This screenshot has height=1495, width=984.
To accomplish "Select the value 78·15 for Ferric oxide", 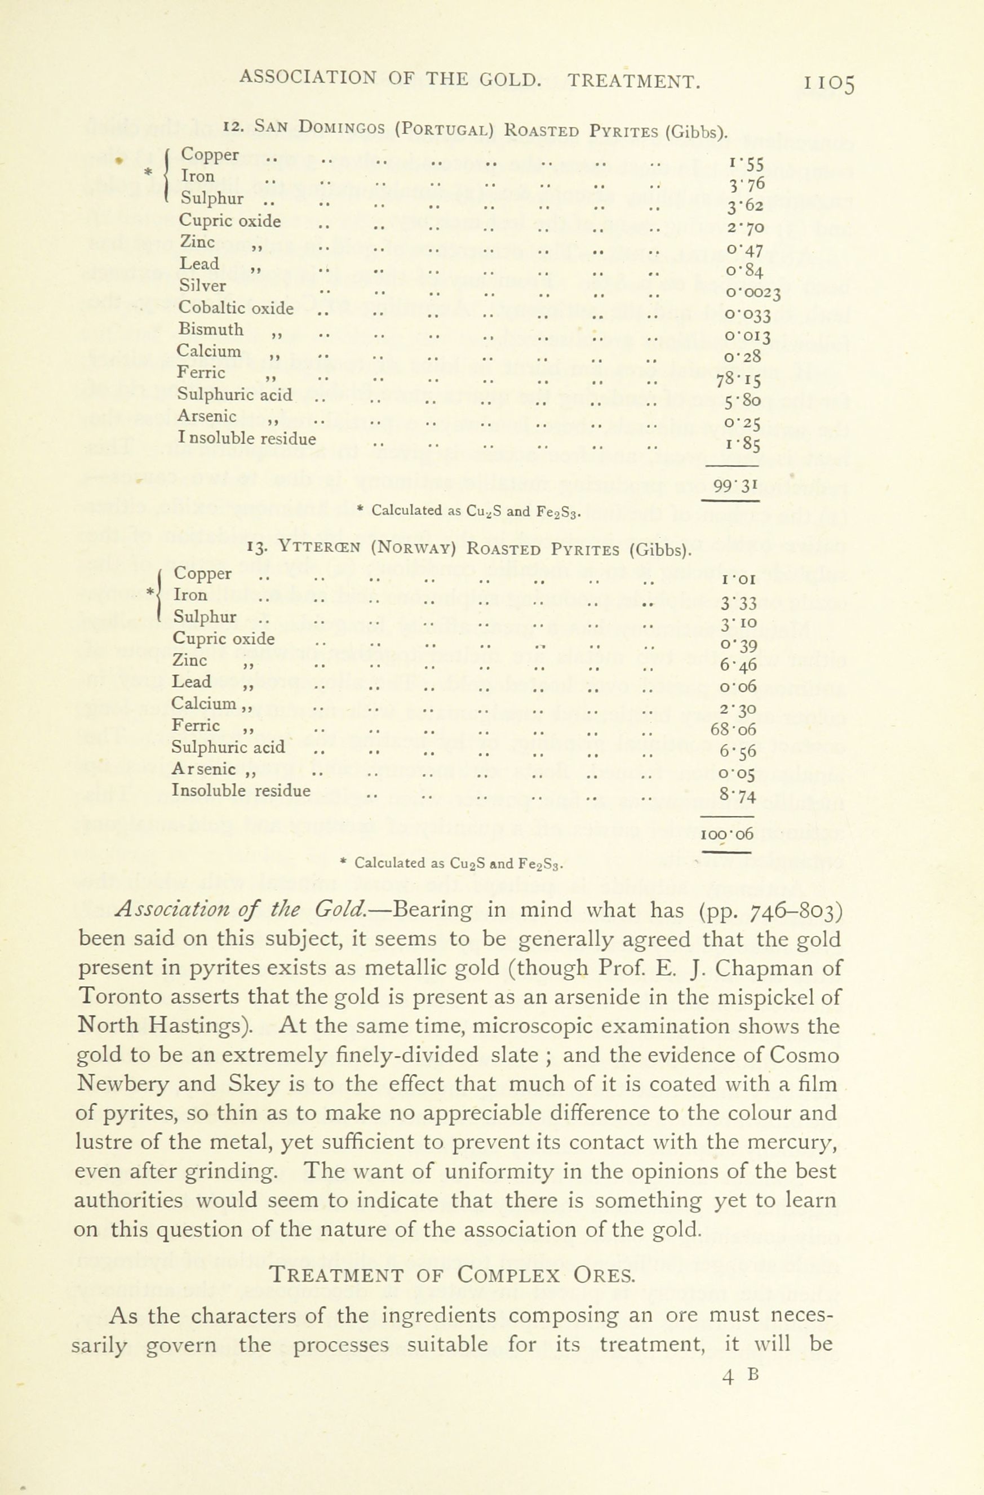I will click(738, 379).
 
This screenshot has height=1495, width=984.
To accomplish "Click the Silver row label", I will click(202, 286).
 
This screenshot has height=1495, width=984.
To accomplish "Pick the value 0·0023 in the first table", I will click(753, 292).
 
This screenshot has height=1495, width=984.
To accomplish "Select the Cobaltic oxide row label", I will click(236, 308).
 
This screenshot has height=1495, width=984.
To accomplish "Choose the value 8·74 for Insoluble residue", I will click(738, 795).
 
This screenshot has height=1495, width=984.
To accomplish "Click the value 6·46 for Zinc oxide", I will click(739, 664).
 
